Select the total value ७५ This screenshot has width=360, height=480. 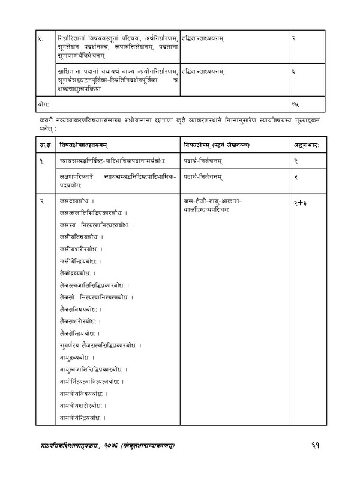point(295,104)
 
